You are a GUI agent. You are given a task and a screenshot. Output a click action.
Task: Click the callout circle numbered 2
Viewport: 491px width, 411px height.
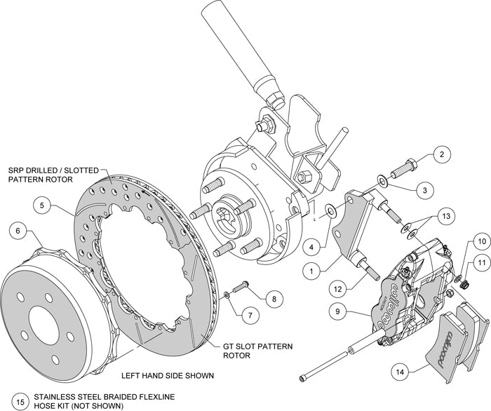440,155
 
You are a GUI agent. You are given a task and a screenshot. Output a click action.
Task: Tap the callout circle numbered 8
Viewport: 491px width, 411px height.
274,298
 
